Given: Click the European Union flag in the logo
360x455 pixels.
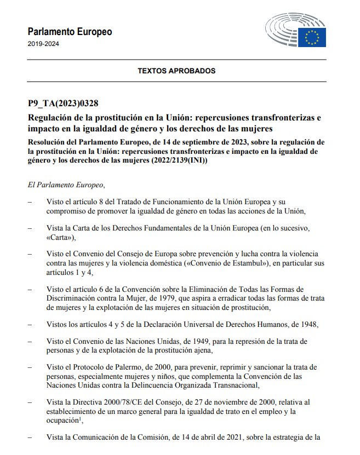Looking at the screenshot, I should (312, 37).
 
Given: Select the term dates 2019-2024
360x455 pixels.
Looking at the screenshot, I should (43, 44).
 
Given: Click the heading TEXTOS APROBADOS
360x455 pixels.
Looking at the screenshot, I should (176, 71).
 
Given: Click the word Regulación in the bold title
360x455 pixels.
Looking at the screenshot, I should (51, 118).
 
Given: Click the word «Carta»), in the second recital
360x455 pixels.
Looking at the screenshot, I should (61, 237).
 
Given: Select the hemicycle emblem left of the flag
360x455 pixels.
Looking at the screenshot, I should (282, 30).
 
